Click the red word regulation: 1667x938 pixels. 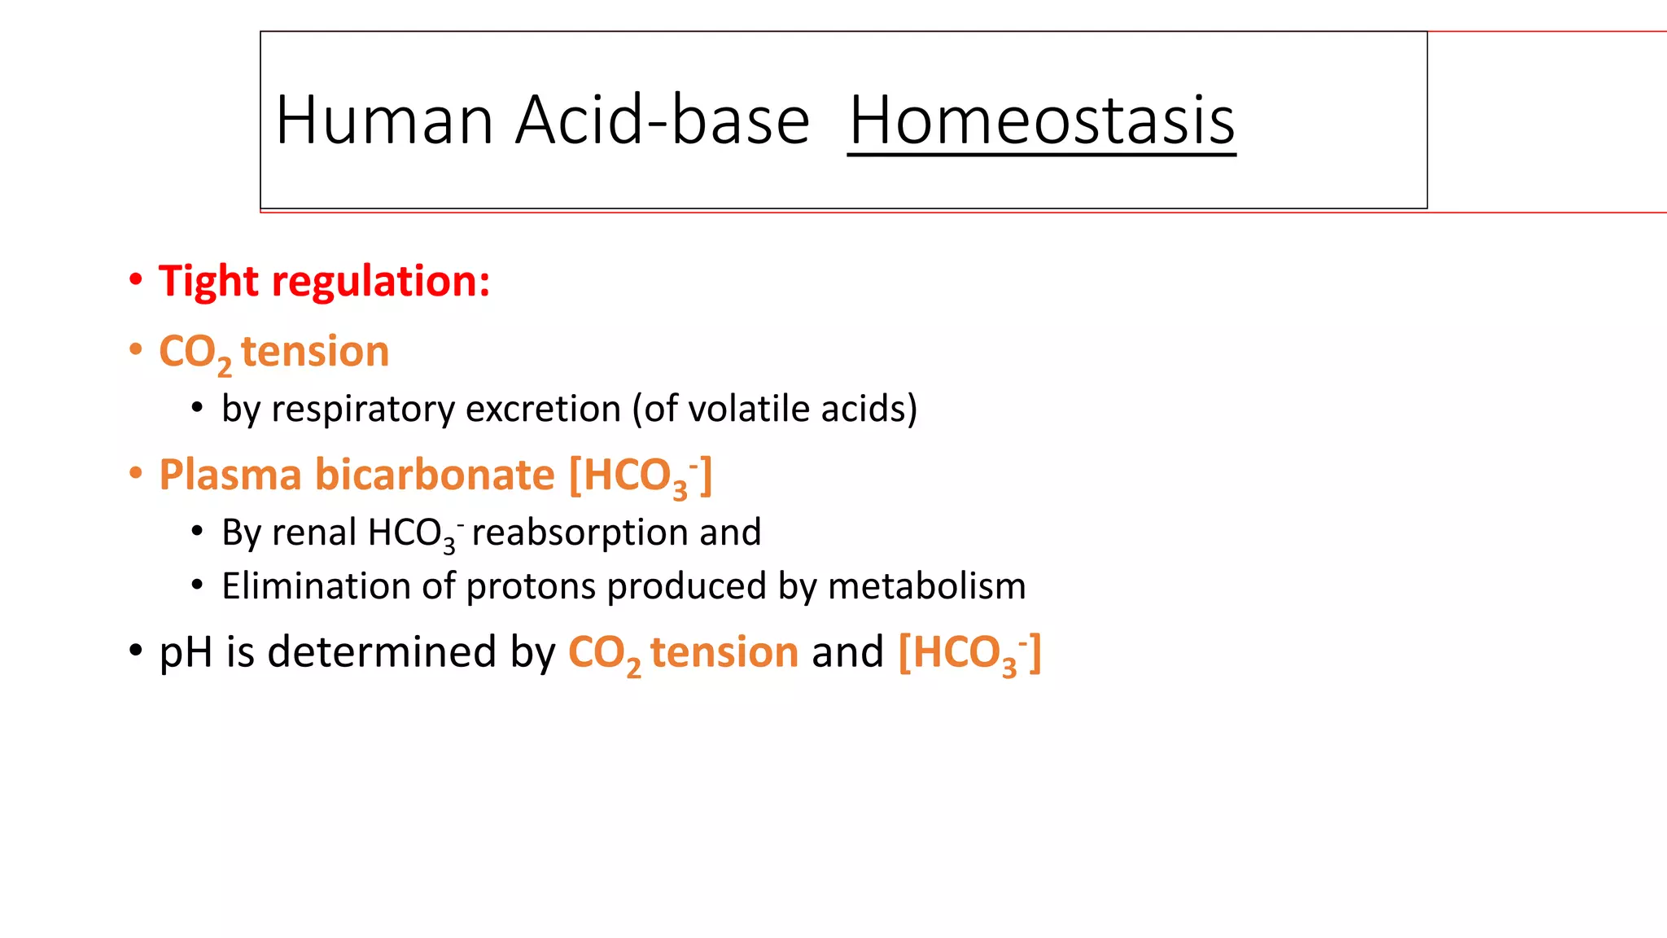[x=381, y=283]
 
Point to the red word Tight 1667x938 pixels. [x=208, y=281]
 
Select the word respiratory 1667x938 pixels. [x=363, y=410]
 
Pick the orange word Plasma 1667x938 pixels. [x=230, y=475]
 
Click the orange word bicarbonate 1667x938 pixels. [x=435, y=475]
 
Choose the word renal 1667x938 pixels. [x=313, y=533]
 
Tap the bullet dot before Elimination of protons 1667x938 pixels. [x=197, y=585]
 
